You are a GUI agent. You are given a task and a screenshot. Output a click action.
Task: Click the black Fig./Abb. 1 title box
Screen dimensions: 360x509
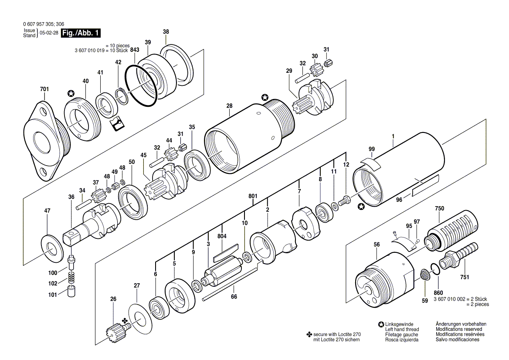81,33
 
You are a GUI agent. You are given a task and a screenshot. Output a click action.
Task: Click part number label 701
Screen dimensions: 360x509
44,89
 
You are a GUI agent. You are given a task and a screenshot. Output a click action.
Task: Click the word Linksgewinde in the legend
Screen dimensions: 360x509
399,324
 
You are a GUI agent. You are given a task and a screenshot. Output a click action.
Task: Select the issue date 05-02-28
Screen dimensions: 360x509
49,33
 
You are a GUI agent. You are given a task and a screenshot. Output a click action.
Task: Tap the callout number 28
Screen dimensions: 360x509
230,106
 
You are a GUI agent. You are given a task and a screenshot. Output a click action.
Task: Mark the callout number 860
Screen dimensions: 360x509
438,292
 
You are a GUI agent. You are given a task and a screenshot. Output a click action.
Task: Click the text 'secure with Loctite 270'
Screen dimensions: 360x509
336,334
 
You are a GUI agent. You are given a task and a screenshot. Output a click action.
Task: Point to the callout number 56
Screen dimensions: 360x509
377,245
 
